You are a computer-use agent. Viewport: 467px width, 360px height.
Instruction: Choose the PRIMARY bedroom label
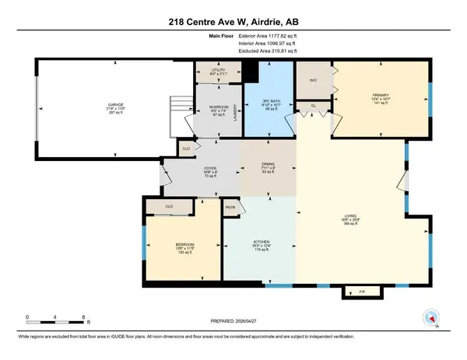[x=380, y=95]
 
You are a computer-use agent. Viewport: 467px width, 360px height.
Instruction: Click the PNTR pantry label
[x=230, y=207]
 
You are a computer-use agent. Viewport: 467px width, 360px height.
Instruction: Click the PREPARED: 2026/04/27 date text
[x=233, y=323]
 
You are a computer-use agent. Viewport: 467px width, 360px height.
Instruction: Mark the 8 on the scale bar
[x=83, y=317]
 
